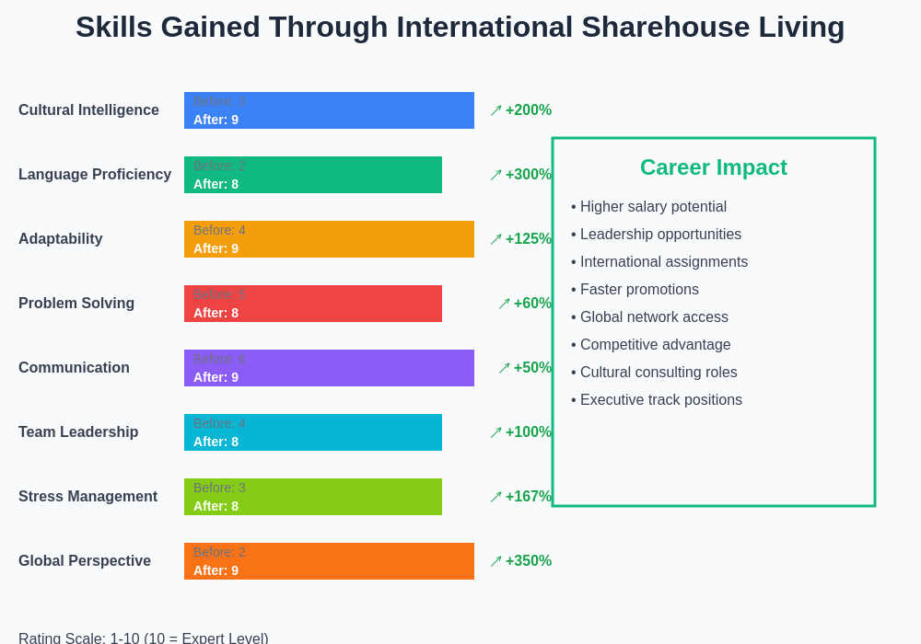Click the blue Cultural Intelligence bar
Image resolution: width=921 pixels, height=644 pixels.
[x=329, y=110]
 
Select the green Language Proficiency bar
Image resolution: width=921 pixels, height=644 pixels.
[x=313, y=175]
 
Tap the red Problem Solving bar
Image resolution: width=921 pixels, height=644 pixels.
[x=313, y=304]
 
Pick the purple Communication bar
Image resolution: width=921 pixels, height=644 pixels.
[x=329, y=368]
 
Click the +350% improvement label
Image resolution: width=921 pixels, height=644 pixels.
[x=528, y=561]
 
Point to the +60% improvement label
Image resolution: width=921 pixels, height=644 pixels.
[x=532, y=304]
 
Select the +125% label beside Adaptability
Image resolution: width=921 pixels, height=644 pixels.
[x=528, y=239]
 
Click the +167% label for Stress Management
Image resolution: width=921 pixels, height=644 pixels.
[x=528, y=497]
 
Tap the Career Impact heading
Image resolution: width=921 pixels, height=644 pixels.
[x=713, y=167]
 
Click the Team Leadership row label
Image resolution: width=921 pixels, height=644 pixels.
[x=78, y=432]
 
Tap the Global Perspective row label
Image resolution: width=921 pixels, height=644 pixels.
[x=85, y=561]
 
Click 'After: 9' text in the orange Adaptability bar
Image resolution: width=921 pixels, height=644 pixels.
[x=216, y=248]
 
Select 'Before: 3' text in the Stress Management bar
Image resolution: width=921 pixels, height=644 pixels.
[x=219, y=488]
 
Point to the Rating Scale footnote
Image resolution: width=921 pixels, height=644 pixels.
[x=144, y=638]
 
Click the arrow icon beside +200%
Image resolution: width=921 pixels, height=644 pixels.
[x=495, y=110]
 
